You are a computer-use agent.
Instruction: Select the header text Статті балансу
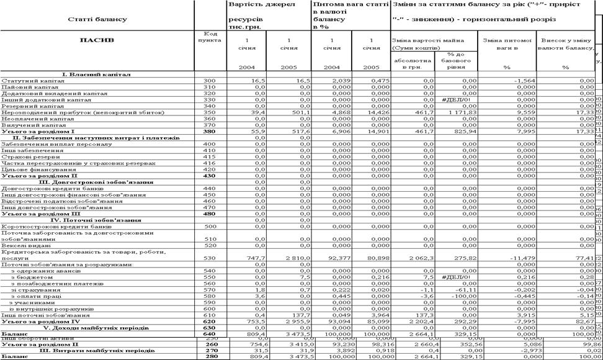[x=97, y=19]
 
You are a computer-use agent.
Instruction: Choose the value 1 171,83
[x=461, y=112]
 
